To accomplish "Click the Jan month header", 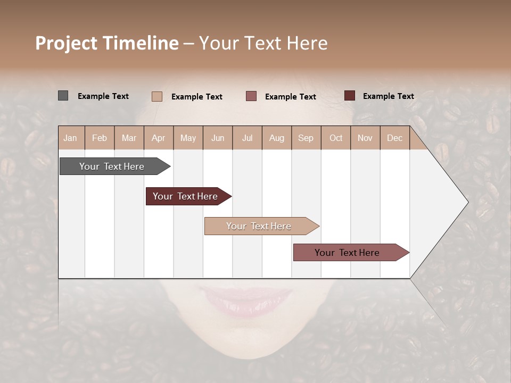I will click(x=70, y=138).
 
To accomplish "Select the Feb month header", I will click(x=100, y=138).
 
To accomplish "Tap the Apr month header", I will click(x=158, y=138).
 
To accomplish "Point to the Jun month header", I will click(x=218, y=138).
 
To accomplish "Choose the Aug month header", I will click(x=276, y=138).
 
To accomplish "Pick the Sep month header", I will click(x=306, y=138).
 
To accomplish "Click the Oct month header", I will click(x=336, y=138).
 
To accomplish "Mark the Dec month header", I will click(x=394, y=138).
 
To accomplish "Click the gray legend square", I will click(x=63, y=96).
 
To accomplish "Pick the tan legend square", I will click(x=156, y=96).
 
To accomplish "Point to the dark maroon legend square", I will click(x=349, y=96).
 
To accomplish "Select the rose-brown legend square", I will click(x=251, y=96).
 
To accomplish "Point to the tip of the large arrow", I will click(x=467, y=202).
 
